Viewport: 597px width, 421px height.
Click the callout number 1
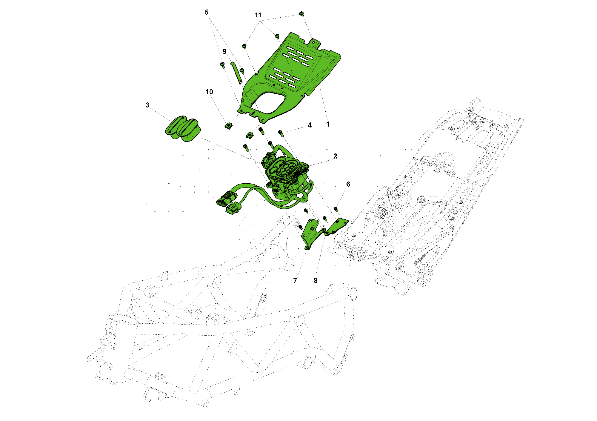[328, 124]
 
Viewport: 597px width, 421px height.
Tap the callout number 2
[335, 156]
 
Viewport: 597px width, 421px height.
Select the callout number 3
[147, 105]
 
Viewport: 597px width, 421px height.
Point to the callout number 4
[310, 125]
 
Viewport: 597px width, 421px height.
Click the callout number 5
[207, 12]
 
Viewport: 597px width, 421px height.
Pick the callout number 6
[348, 184]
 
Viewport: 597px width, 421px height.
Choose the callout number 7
[295, 281]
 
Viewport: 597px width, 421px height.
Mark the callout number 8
[316, 281]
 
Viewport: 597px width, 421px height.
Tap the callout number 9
[224, 52]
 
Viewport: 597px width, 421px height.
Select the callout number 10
[209, 92]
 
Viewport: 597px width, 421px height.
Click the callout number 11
[258, 15]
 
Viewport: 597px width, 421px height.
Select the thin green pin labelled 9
[236, 73]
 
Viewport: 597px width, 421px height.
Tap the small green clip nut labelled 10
[228, 126]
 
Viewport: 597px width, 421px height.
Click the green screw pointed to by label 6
[336, 209]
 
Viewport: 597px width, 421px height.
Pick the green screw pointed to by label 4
[281, 133]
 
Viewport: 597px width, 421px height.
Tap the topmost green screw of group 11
[301, 14]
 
